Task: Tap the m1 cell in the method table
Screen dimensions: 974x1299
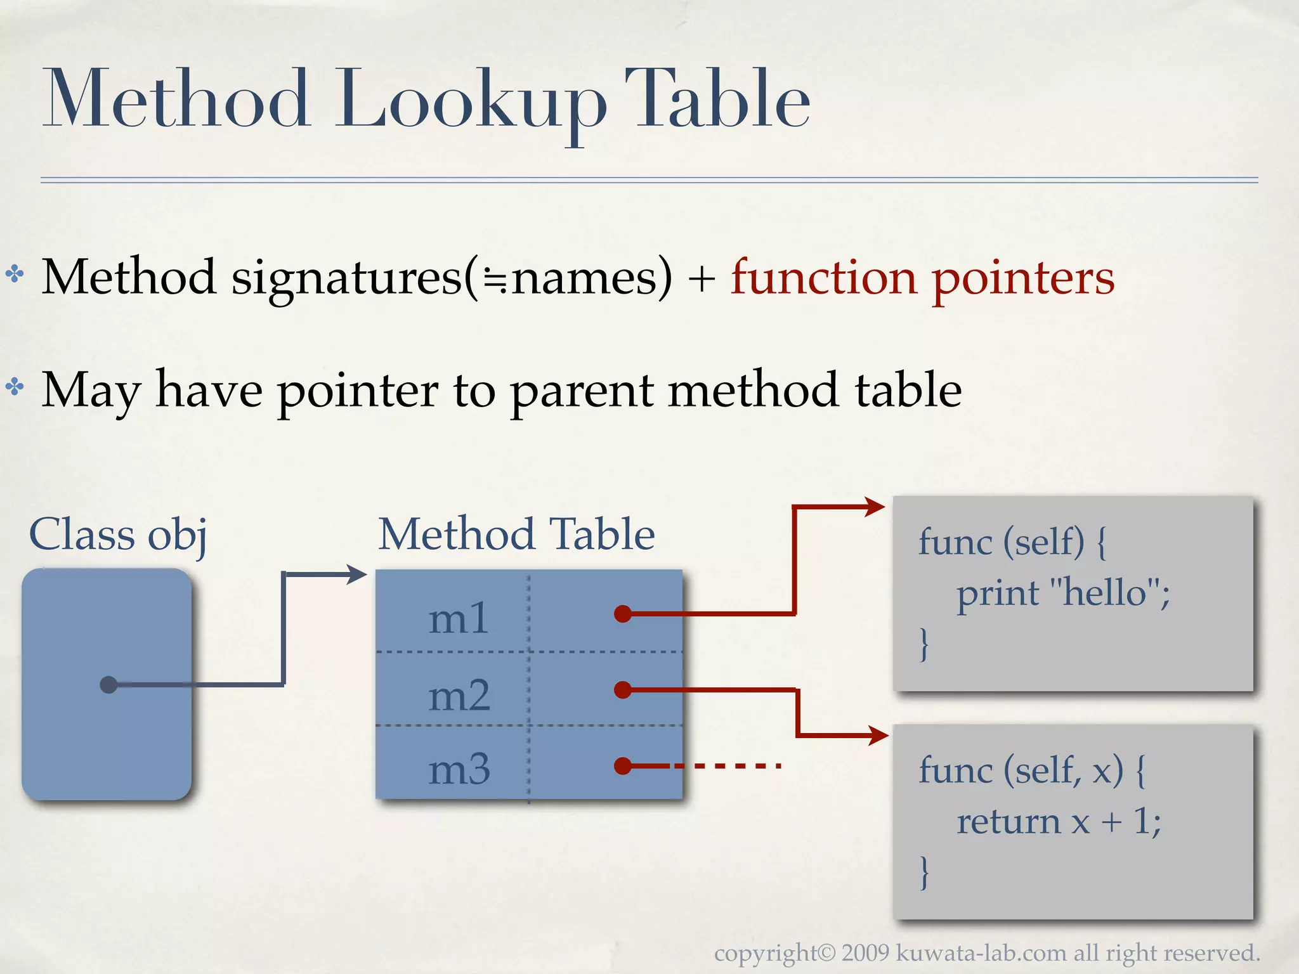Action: (459, 619)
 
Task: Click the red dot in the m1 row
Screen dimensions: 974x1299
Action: (623, 614)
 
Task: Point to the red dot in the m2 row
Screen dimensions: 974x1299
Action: (623, 689)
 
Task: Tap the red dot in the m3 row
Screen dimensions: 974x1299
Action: (623, 766)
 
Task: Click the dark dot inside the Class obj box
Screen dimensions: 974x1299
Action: (109, 685)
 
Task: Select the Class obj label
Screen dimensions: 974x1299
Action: (118, 534)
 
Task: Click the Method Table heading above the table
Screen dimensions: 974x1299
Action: (516, 534)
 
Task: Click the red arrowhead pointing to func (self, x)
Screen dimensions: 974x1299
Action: (878, 736)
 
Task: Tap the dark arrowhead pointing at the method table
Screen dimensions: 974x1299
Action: (356, 575)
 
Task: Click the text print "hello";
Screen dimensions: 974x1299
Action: (1063, 594)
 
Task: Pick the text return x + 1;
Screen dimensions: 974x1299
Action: (1059, 822)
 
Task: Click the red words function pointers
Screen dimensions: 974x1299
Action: (922, 278)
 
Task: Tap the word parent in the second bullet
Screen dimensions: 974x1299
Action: (582, 391)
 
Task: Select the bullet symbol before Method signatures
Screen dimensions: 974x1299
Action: (15, 275)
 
